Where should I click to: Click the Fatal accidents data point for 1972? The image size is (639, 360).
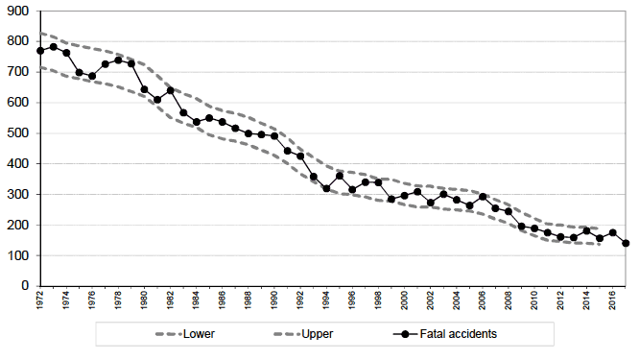(40, 51)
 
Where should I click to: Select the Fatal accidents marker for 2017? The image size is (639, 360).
(626, 243)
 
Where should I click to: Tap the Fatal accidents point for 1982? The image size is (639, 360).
(171, 90)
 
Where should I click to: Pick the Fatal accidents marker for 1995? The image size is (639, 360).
(340, 176)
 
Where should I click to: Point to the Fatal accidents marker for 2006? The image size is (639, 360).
(483, 196)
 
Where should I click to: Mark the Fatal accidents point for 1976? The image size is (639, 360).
(92, 76)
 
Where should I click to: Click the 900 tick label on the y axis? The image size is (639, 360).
(18, 11)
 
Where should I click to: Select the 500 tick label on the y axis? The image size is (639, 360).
(18, 132)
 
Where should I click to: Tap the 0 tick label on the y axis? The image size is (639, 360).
(25, 286)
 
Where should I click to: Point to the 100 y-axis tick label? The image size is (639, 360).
(18, 255)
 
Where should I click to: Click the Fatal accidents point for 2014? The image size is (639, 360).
(586, 230)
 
